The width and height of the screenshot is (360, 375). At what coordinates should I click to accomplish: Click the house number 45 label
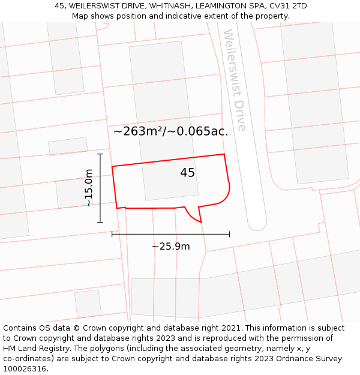tap(187, 173)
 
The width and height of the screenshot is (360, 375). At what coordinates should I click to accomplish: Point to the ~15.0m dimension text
tap(89, 188)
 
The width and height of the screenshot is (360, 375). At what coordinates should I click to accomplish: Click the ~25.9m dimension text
tap(170, 247)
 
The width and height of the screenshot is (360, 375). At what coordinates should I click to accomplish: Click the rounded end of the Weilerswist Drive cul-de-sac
tap(257, 223)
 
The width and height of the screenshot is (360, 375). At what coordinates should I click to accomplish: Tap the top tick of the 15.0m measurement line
tap(100, 154)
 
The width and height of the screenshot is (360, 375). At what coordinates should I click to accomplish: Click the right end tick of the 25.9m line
tap(229, 234)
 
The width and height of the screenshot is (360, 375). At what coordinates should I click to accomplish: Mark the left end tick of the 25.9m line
tap(112, 234)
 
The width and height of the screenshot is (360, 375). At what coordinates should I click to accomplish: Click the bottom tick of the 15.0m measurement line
tap(100, 222)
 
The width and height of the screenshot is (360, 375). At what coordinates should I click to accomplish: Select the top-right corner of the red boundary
tap(224, 154)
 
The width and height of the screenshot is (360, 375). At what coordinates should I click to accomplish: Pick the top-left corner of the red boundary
tap(112, 166)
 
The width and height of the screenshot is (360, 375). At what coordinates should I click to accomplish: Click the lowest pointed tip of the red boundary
tap(201, 223)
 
